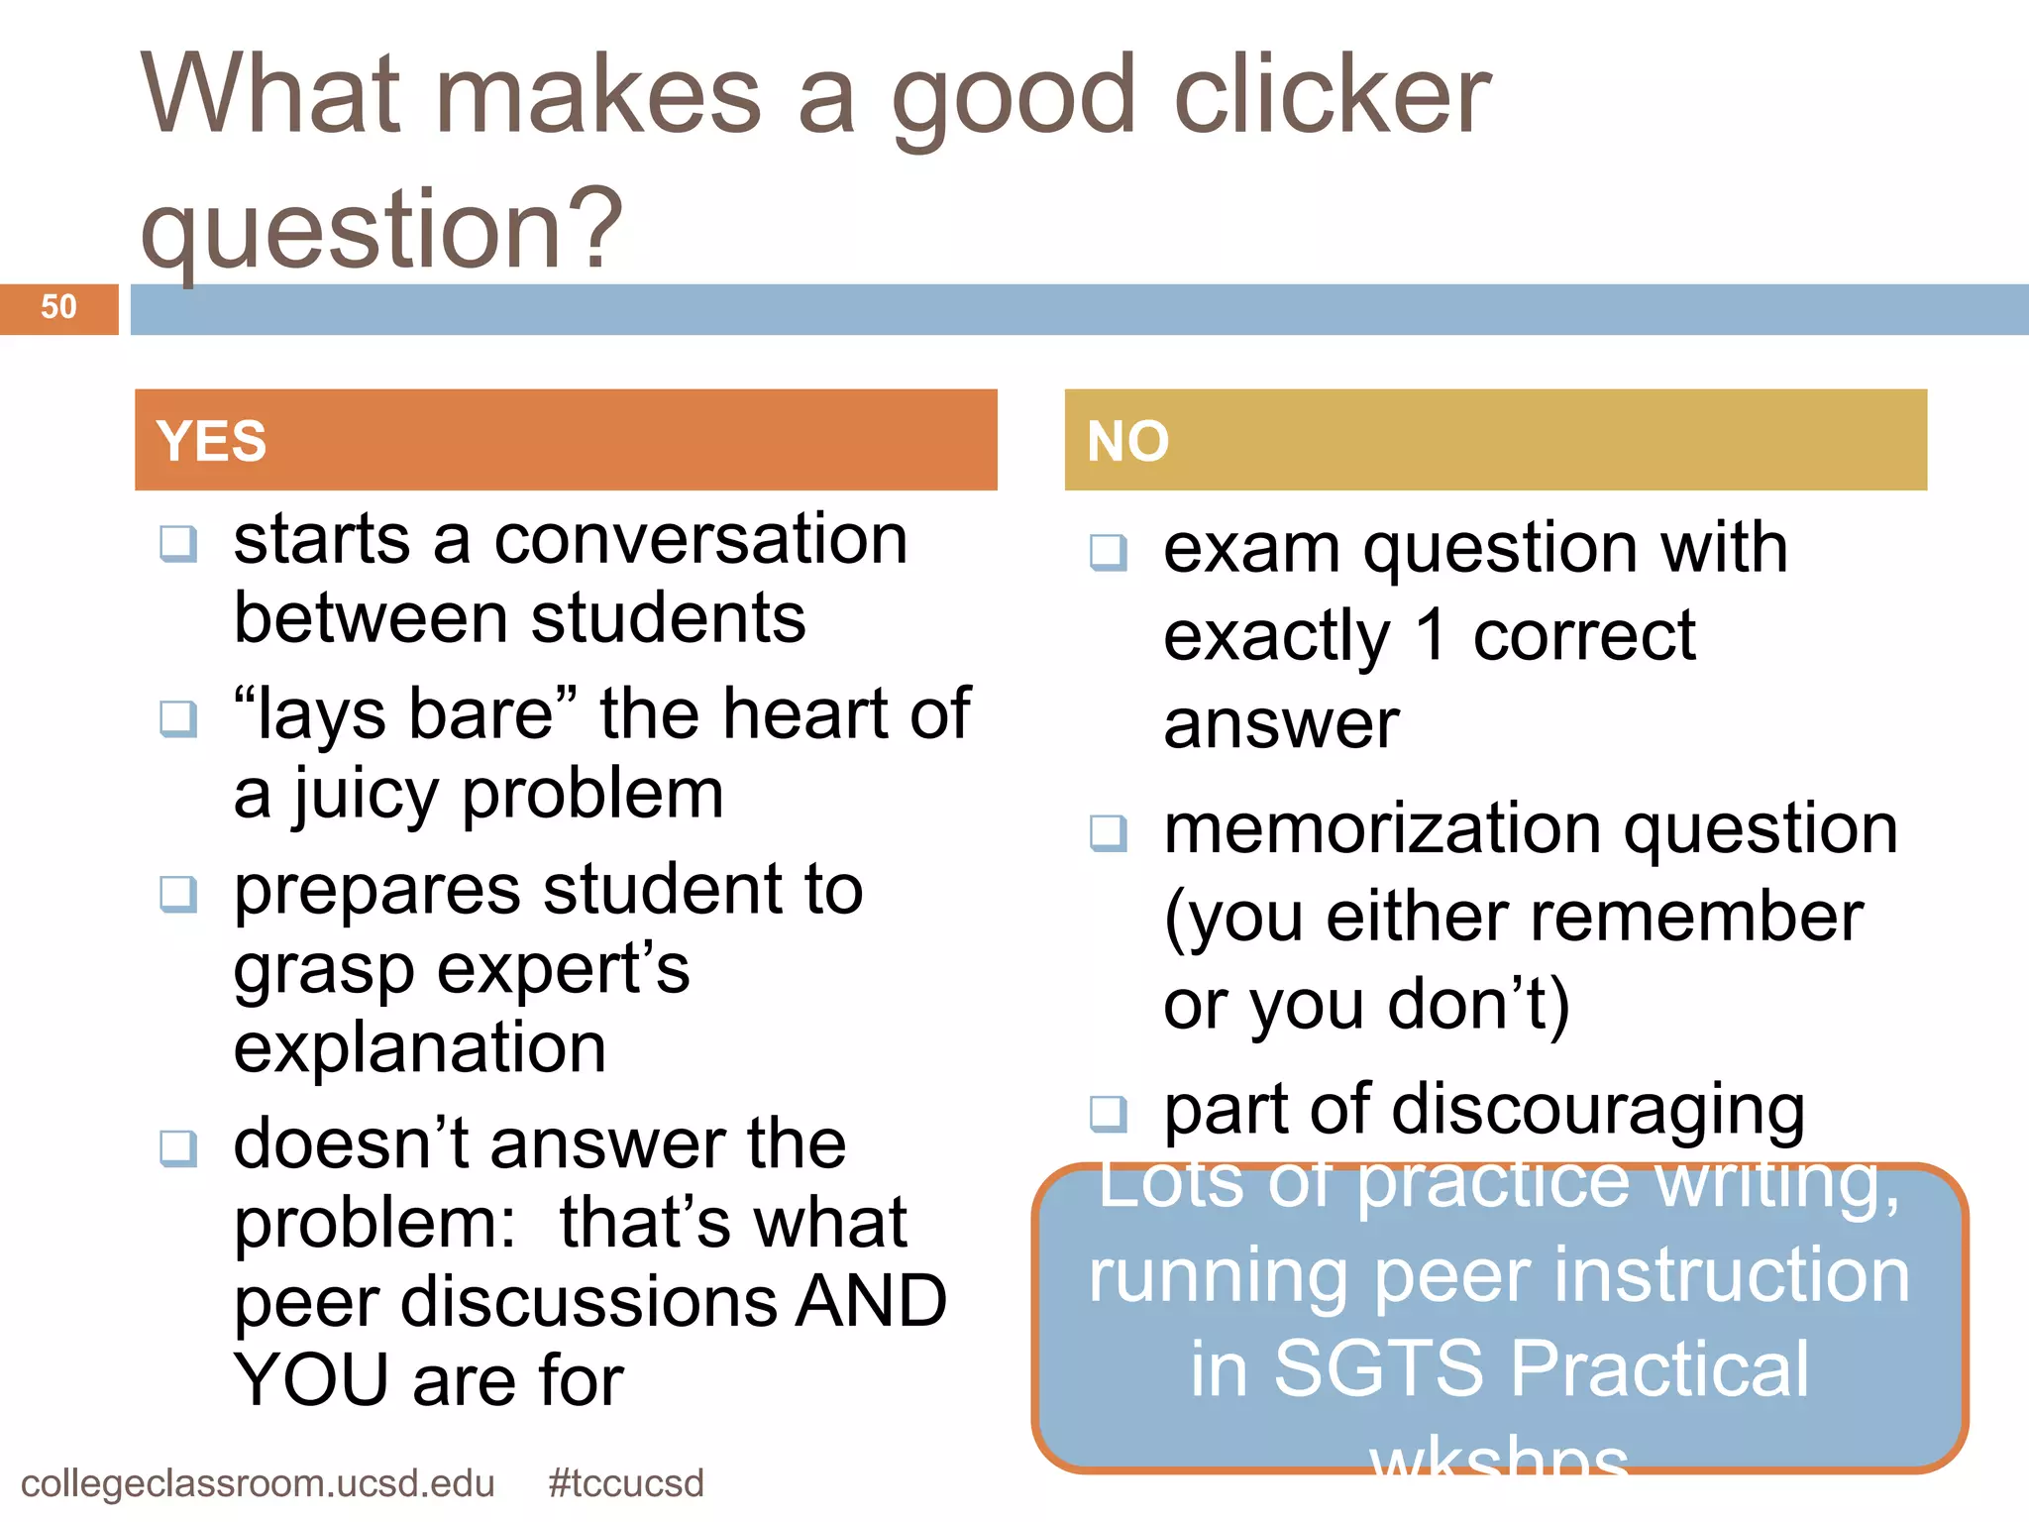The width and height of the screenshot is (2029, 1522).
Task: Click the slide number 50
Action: click(58, 307)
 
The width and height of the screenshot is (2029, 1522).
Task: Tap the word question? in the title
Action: click(382, 230)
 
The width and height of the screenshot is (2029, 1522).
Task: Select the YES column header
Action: click(212, 441)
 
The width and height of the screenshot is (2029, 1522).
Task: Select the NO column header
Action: click(1127, 441)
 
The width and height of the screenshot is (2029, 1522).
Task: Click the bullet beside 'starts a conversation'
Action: click(179, 543)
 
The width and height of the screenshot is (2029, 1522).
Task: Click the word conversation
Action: click(700, 541)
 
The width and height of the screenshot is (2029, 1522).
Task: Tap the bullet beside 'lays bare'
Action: click(179, 718)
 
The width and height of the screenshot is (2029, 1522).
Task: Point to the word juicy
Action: click(365, 797)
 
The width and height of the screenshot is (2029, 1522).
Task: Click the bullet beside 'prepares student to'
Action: click(179, 894)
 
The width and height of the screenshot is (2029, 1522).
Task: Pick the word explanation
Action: click(420, 1049)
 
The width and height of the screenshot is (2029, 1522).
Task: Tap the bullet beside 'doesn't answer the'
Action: click(179, 1148)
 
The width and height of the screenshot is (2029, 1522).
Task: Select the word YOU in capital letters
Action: click(311, 1380)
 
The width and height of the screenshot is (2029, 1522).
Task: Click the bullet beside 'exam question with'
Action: click(1109, 552)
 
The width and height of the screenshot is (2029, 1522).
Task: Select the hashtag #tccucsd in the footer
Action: click(625, 1483)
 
